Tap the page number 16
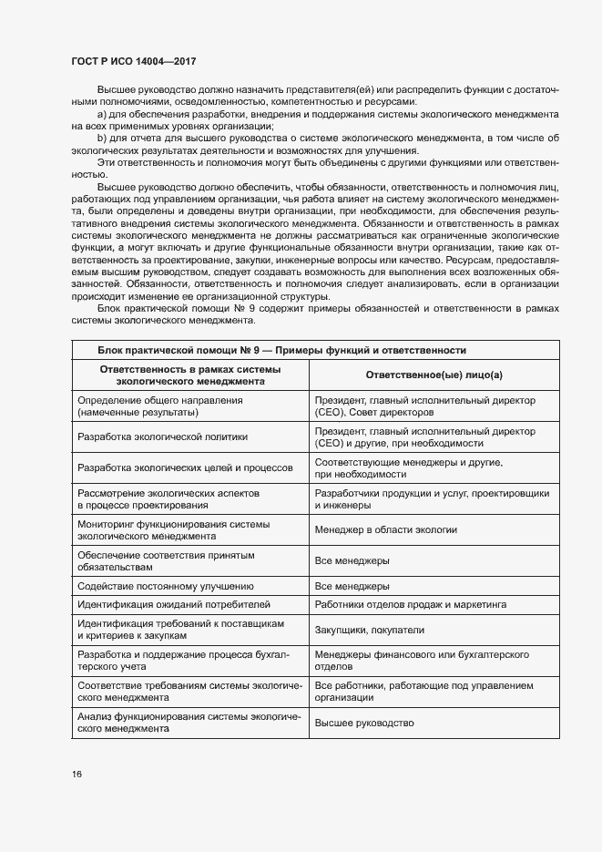(77, 774)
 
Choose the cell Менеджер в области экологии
(385, 529)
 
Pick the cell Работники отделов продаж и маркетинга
(411, 604)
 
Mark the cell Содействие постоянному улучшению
(166, 586)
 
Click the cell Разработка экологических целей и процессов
(186, 467)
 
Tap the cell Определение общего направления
(151, 406)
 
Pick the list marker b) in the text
(101, 139)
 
